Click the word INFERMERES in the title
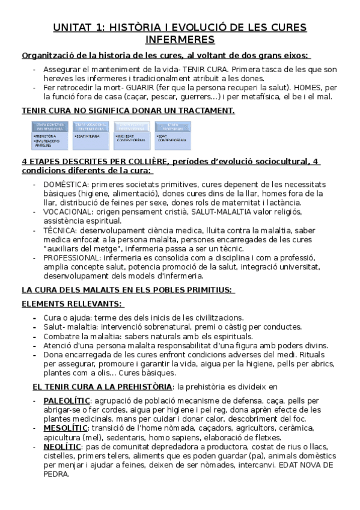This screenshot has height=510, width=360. click(180, 40)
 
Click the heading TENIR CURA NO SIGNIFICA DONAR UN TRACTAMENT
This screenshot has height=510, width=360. click(128, 111)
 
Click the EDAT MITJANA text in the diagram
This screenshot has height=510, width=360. click(90, 136)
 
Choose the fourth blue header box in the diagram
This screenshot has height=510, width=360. click(171, 126)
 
